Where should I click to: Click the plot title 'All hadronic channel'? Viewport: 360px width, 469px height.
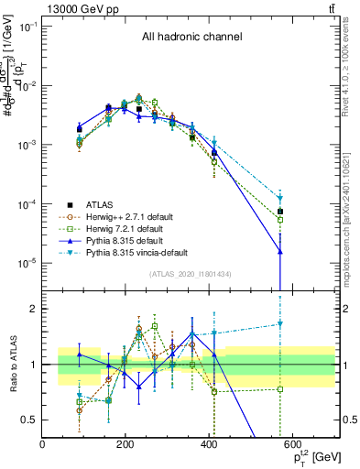[x=191, y=38]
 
